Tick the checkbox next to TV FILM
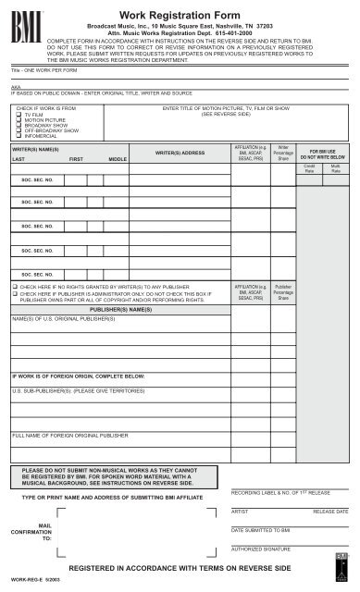18,115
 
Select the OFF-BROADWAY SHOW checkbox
18,137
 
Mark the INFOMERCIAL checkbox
18,144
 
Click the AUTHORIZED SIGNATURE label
262,550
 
